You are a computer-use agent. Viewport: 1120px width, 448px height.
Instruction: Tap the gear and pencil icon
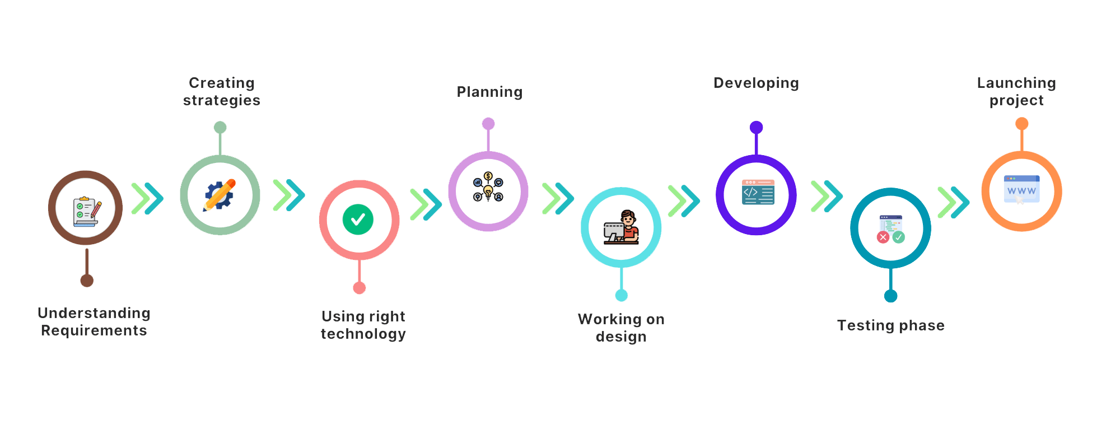tap(220, 195)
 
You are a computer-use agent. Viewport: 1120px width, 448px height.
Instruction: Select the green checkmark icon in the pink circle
tap(358, 219)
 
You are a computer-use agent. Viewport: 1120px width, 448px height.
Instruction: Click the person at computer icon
tap(622, 227)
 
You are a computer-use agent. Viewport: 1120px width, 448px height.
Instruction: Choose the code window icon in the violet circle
tap(757, 192)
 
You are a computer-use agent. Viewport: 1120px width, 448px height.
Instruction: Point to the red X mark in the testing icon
tap(883, 237)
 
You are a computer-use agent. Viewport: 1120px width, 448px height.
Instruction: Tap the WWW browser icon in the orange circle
tap(1021, 189)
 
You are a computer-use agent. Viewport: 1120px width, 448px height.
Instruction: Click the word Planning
tap(489, 92)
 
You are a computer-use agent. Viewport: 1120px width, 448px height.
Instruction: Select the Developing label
tap(756, 83)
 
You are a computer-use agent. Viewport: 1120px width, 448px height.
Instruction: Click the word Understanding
tap(94, 313)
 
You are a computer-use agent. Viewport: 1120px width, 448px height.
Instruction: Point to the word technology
tap(363, 334)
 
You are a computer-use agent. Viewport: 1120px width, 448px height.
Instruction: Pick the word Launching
tap(1016, 83)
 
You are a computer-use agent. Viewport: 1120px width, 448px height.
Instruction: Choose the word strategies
tap(222, 101)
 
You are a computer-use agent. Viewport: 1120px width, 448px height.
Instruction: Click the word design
tap(621, 337)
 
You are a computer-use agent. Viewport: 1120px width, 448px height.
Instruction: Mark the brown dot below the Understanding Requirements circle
tap(87, 281)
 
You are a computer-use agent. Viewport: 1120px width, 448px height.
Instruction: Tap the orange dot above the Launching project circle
tap(1022, 123)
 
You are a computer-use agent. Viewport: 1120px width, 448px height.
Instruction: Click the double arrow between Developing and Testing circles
tap(827, 196)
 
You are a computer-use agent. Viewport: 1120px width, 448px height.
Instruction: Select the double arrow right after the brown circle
tap(147, 198)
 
